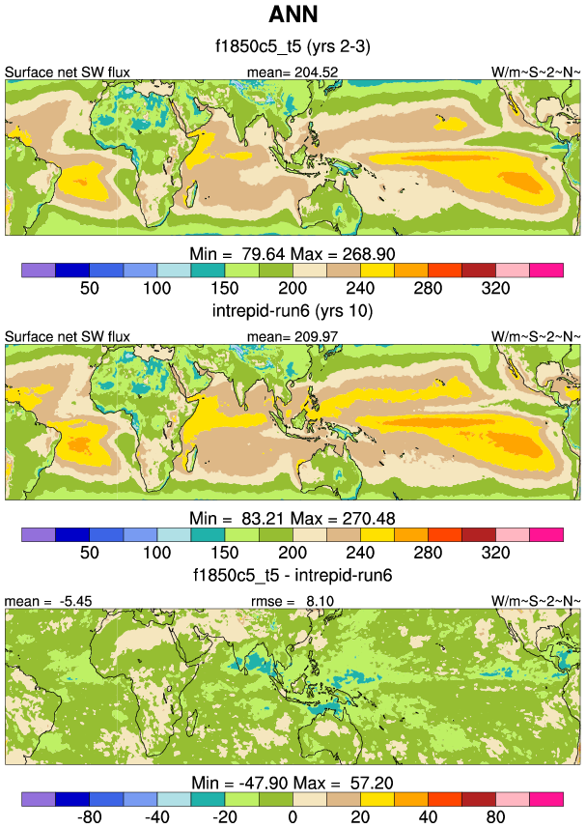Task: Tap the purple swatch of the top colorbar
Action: point(39,269)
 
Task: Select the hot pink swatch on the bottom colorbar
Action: point(545,800)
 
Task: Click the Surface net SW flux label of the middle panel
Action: point(68,336)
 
